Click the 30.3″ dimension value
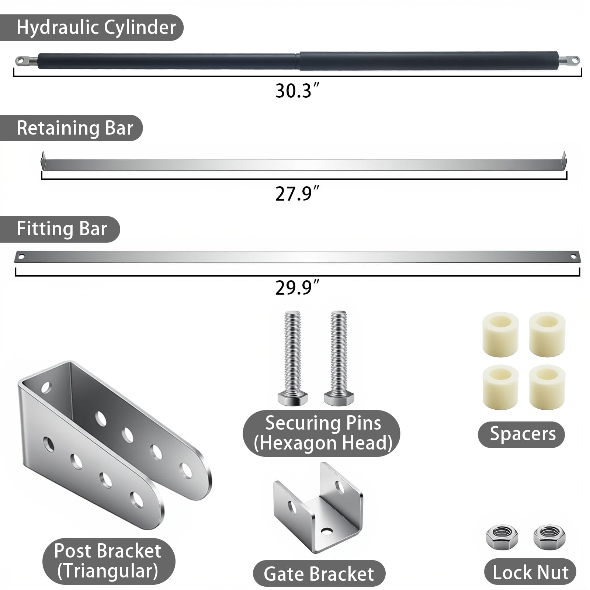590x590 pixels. point(297,90)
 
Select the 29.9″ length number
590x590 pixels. point(297,287)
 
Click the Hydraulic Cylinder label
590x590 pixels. point(96,28)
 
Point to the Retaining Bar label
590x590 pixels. point(75,128)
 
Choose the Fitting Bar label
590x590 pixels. point(62,229)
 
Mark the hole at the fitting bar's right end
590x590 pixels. point(573,257)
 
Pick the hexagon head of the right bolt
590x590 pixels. point(339,398)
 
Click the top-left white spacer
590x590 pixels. point(500,334)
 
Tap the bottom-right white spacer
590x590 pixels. point(547,387)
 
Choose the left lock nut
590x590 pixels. point(502,537)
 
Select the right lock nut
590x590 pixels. point(549,537)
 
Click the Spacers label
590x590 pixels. point(523,434)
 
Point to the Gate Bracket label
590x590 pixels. point(319,574)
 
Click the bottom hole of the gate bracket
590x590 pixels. point(326,531)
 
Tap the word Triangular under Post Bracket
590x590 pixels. point(108,571)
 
